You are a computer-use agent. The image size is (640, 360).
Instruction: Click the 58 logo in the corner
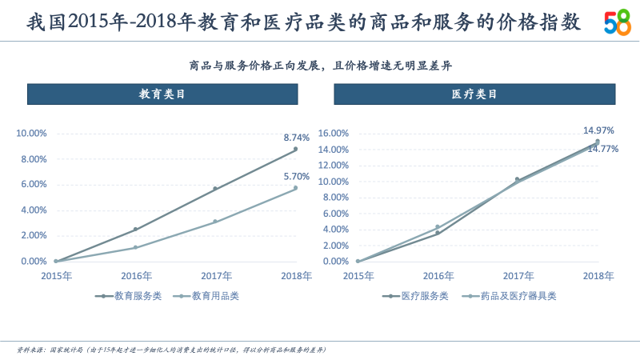[617, 23]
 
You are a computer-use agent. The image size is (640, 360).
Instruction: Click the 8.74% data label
[296, 138]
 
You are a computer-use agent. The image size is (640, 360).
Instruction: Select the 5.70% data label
[296, 176]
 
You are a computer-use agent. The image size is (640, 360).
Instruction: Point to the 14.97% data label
[598, 130]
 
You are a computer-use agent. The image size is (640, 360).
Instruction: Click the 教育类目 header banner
[162, 94]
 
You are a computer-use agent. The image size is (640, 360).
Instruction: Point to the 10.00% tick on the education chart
[33, 134]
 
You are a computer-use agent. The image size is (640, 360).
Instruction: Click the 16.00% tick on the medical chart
[334, 134]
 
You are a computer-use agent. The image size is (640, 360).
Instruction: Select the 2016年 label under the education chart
[136, 276]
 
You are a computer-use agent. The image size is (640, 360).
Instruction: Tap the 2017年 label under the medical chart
[518, 276]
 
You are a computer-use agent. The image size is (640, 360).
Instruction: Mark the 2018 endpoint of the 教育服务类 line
[295, 149]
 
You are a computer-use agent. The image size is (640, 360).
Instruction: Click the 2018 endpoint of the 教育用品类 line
[295, 188]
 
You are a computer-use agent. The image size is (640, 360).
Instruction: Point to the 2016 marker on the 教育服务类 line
[135, 229]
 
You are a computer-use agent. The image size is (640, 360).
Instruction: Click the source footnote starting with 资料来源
[171, 350]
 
